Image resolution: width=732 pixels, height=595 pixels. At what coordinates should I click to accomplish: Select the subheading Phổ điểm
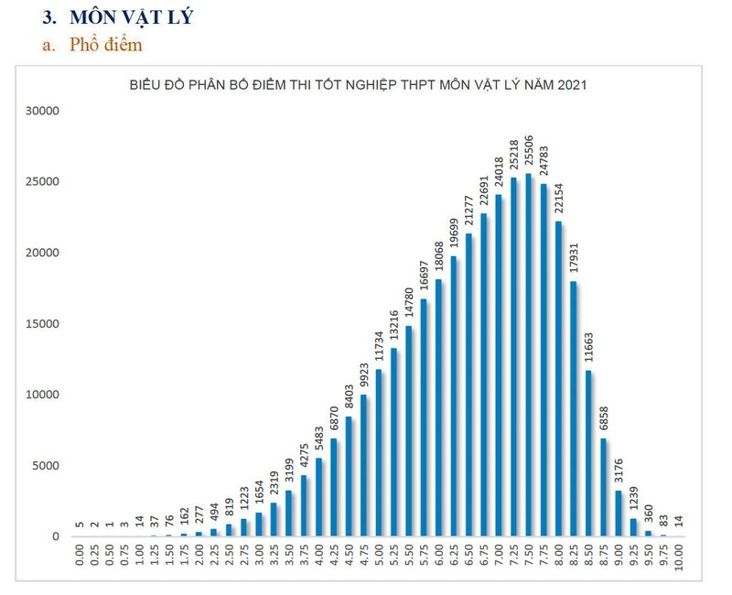(105, 44)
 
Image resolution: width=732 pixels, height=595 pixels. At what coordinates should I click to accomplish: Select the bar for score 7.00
(499, 365)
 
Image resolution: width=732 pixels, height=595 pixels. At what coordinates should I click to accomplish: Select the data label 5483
(318, 432)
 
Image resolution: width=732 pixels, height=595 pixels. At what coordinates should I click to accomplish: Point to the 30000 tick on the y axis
(41, 111)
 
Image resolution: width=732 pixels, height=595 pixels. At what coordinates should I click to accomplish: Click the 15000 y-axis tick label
(41, 324)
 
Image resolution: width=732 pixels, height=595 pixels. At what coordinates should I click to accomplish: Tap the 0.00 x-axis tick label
(80, 558)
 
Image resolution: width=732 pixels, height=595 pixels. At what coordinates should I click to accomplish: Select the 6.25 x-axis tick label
(454, 558)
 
